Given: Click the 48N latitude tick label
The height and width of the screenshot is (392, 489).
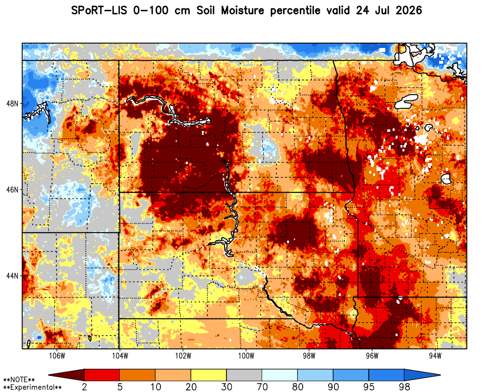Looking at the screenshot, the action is click(x=12, y=103).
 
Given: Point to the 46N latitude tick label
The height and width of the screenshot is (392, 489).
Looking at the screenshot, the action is click(x=12, y=190).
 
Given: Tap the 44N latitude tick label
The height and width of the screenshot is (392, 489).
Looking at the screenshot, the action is click(x=12, y=276).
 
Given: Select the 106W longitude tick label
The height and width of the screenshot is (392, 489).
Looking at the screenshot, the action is click(x=57, y=356).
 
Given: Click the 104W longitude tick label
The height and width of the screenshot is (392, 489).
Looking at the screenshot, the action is click(x=120, y=356).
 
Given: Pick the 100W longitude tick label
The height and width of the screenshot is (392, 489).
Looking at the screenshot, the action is click(x=246, y=356).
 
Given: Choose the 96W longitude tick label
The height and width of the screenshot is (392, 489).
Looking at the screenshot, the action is click(x=372, y=356).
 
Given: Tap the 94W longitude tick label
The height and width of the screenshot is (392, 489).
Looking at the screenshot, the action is click(x=435, y=356).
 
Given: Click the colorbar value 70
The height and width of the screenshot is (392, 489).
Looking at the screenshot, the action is click(x=262, y=387).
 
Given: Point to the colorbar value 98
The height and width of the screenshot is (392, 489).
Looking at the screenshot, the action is click(x=404, y=387).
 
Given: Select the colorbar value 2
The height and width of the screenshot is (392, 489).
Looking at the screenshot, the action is click(x=85, y=387).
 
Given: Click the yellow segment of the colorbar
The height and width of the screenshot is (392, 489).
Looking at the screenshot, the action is click(x=209, y=375).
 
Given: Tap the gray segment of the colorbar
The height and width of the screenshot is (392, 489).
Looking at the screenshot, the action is click(x=244, y=375).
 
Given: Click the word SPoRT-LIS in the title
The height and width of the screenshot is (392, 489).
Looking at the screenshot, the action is click(x=99, y=11).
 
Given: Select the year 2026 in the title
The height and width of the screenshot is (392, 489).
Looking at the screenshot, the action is click(x=408, y=11).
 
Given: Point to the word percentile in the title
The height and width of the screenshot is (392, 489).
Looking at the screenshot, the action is click(x=295, y=11).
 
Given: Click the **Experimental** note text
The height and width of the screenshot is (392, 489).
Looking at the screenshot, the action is click(x=32, y=387).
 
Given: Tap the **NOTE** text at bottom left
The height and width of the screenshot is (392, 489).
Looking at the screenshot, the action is click(x=19, y=380).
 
